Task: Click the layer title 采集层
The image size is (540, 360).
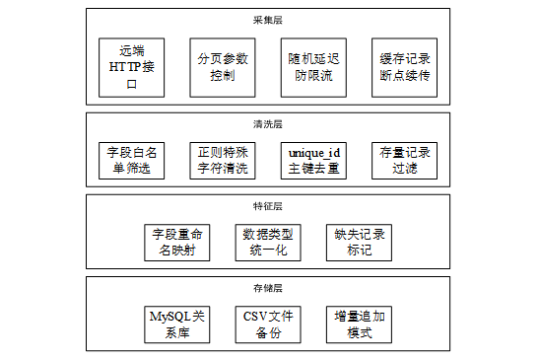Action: pyautogui.click(x=268, y=20)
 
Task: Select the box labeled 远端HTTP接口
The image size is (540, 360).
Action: pyautogui.click(x=132, y=68)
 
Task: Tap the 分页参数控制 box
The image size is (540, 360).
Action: pyautogui.click(x=223, y=68)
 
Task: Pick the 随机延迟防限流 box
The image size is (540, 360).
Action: pyautogui.click(x=313, y=68)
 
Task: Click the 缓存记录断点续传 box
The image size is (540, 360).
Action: pyautogui.click(x=404, y=68)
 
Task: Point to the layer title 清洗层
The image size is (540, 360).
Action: pyautogui.click(x=268, y=124)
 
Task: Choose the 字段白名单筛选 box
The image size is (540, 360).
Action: pyautogui.click(x=132, y=161)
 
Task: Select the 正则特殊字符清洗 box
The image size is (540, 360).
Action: pyautogui.click(x=223, y=161)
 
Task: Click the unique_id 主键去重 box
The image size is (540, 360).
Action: pyautogui.click(x=313, y=161)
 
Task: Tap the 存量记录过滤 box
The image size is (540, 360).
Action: pyautogui.click(x=404, y=161)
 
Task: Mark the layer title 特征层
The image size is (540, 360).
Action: pyautogui.click(x=268, y=206)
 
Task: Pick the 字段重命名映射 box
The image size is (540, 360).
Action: pyautogui.click(x=177, y=243)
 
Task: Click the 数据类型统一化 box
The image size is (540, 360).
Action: pyautogui.click(x=268, y=243)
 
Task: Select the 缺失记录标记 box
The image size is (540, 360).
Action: pyautogui.click(x=359, y=243)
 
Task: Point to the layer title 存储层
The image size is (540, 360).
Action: pyautogui.click(x=268, y=288)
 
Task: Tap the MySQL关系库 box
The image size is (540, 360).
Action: pyautogui.click(x=177, y=324)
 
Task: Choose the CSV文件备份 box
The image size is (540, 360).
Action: pyautogui.click(x=268, y=324)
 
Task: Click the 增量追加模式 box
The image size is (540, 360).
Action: pyautogui.click(x=359, y=324)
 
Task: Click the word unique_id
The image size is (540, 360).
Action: pyautogui.click(x=314, y=153)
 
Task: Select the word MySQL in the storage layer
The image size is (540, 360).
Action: pyautogui.click(x=170, y=317)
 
